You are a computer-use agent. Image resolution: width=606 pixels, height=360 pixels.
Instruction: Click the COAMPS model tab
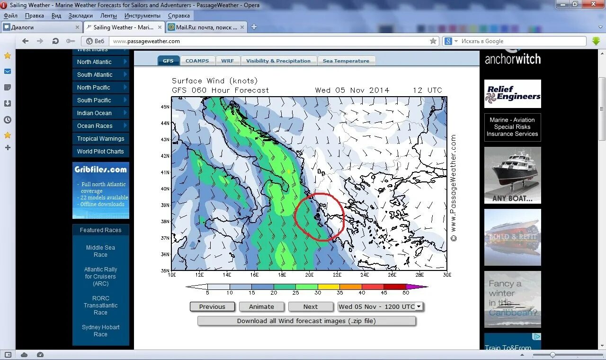pos(197,61)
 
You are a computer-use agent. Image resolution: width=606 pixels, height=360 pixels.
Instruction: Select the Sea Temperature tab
pos(346,61)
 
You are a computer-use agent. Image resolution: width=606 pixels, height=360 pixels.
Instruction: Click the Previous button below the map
pos(212,306)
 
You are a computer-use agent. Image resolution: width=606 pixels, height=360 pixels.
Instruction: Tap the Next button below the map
pos(310,306)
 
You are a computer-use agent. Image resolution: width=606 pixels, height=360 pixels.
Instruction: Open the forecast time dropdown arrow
pos(419,306)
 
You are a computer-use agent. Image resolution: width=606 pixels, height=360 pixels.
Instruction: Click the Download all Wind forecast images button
pos(306,321)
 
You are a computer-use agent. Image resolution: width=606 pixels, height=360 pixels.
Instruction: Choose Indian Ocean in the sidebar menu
pos(95,113)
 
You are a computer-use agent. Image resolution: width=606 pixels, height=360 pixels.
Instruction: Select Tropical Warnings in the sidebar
pos(100,139)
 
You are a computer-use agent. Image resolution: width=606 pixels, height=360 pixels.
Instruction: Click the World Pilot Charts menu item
pos(100,152)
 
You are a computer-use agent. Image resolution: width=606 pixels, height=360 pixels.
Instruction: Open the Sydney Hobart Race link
pos(100,331)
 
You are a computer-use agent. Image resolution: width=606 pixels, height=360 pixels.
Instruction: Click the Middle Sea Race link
pos(100,251)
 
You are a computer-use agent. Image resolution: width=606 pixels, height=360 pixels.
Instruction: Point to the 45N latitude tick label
pos(165,107)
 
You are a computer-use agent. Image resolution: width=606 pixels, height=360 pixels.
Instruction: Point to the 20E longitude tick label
pos(309,275)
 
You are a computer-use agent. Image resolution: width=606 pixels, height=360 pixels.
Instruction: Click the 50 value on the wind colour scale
pos(406,293)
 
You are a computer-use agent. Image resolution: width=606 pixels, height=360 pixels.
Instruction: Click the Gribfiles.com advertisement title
pos(100,170)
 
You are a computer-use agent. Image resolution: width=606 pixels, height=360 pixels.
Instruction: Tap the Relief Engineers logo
pos(512,93)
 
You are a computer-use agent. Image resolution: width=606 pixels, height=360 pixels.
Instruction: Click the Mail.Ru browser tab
pos(206,27)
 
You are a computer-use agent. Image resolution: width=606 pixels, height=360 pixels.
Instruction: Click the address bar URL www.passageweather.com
pos(147,41)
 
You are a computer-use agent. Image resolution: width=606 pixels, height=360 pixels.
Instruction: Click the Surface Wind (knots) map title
pos(214,81)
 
